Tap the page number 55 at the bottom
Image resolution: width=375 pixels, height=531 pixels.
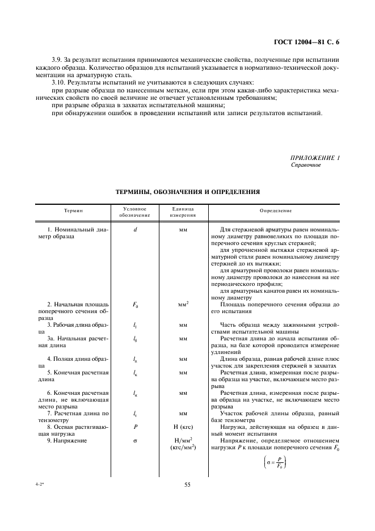coord(187,484)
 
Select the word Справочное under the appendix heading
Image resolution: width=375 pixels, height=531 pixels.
coord(306,165)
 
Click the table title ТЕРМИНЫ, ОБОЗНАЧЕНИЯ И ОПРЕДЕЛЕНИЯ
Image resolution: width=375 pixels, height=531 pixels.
coord(187,192)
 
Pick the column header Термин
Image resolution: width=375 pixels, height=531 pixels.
coord(73,210)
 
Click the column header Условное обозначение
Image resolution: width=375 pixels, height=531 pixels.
coord(134,212)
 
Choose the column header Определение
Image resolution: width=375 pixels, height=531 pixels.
coord(275,210)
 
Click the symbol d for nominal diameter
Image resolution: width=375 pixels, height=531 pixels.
coord(135,229)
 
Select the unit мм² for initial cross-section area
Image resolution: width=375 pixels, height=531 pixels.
coord(183,304)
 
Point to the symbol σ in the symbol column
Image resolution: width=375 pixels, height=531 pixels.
coord(135,424)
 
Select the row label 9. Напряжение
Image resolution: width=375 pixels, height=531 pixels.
coord(67,424)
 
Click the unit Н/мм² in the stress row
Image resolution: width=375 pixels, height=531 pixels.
coord(183,424)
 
